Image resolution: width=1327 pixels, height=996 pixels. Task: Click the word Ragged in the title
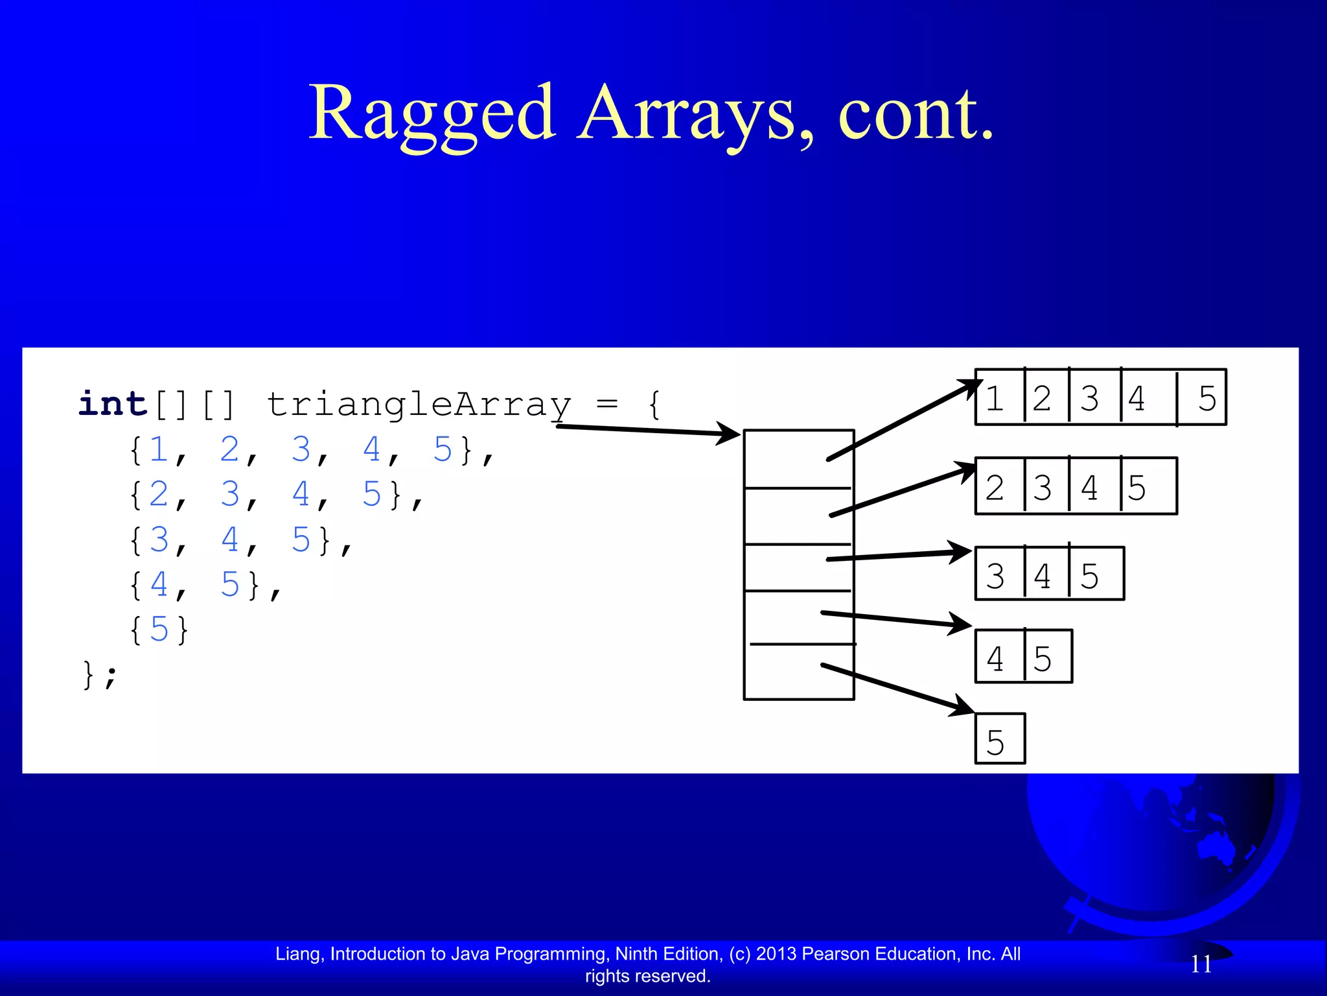(432, 114)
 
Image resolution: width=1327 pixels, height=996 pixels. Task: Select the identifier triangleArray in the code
(419, 405)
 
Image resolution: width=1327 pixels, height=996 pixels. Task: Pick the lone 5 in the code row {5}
(159, 629)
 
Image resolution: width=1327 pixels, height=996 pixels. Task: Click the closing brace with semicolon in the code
(100, 674)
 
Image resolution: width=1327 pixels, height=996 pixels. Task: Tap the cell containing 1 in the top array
(998, 397)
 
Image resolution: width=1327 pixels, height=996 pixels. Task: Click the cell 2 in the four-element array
(998, 487)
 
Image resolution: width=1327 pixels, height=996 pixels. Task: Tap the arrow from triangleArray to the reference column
(648, 430)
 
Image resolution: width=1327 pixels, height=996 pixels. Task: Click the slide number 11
(1201, 964)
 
